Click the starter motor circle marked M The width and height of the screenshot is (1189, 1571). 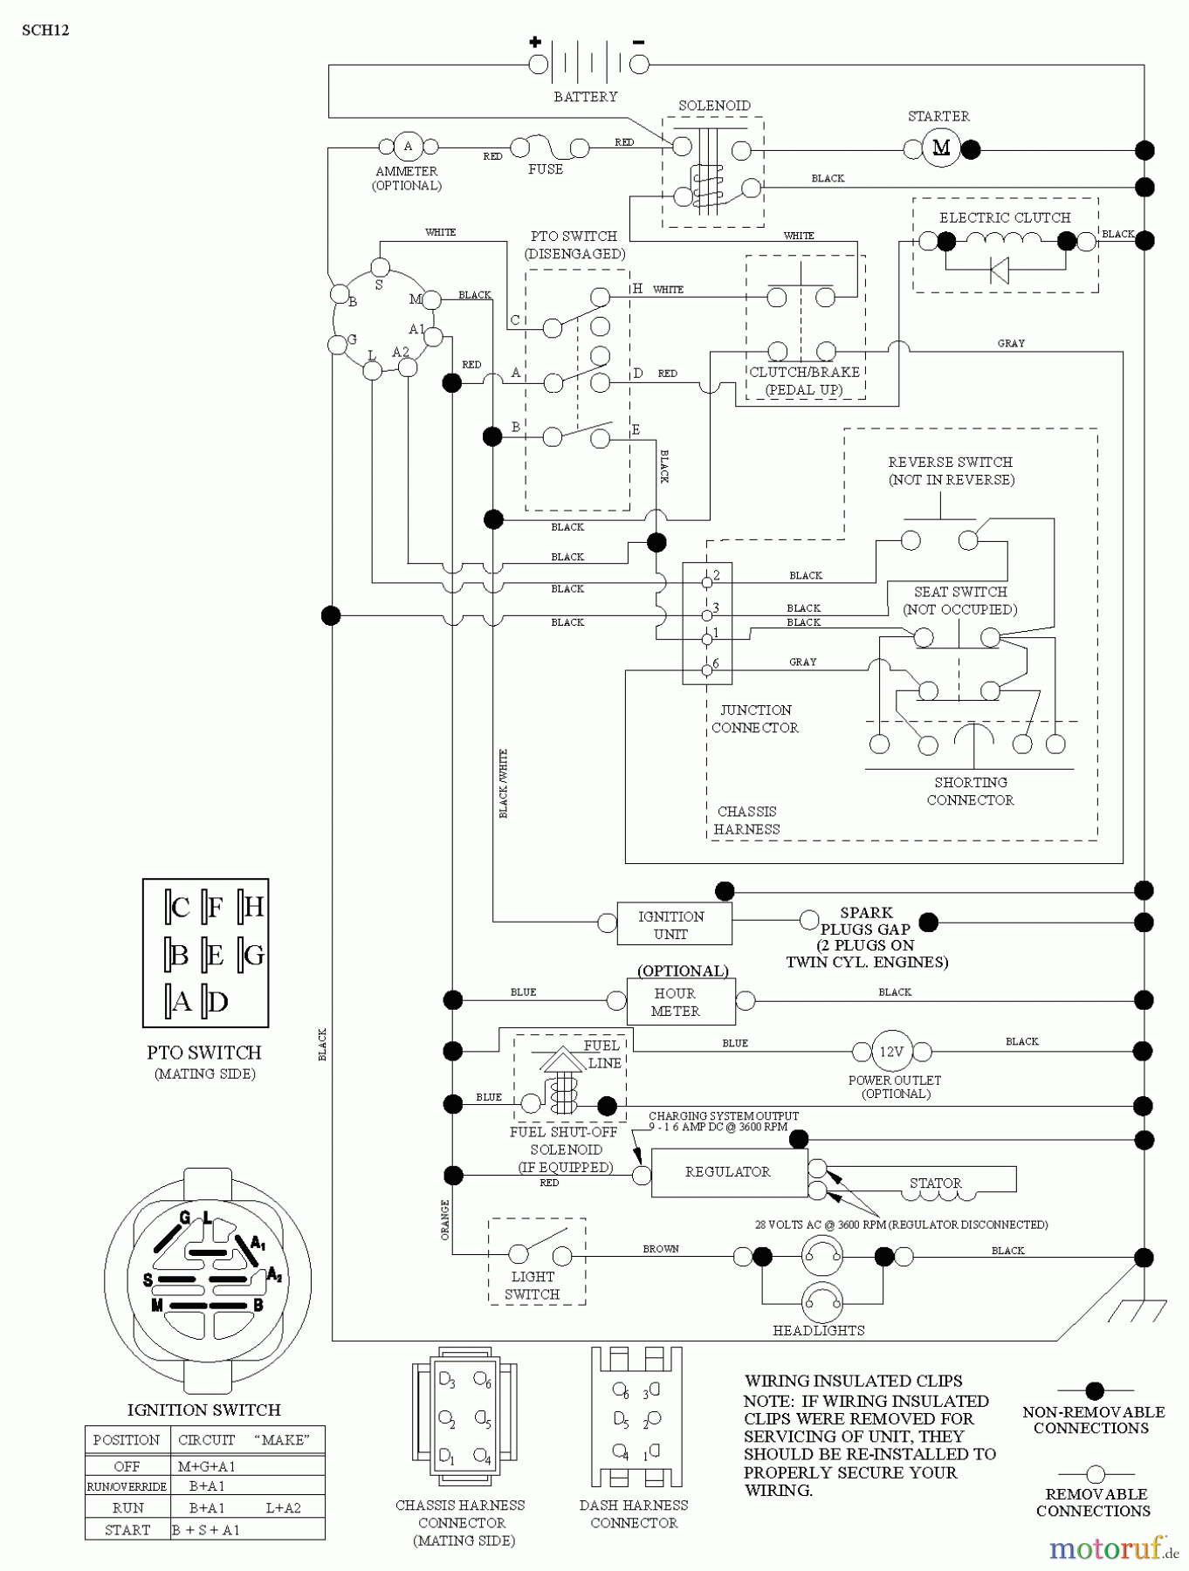941,147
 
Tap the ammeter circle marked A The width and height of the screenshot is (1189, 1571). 407,147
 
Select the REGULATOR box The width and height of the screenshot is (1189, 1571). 728,1172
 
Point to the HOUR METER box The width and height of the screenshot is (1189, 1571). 680,1002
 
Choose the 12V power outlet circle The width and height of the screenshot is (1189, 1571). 890,1052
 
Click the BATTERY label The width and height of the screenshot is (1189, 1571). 585,97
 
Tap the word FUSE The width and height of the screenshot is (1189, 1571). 546,169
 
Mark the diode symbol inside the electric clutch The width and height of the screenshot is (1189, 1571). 1000,271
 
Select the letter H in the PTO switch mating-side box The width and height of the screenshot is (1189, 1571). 253,908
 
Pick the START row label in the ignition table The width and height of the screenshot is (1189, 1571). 127,1530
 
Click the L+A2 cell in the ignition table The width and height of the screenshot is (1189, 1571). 283,1507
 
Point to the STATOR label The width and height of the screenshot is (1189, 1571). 935,1183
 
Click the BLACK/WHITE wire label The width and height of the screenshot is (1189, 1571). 503,784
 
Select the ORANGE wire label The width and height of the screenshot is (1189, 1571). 445,1220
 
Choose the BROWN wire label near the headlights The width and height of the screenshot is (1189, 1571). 661,1249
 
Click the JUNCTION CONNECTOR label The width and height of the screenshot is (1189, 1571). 755,719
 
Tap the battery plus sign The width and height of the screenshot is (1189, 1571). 535,41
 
